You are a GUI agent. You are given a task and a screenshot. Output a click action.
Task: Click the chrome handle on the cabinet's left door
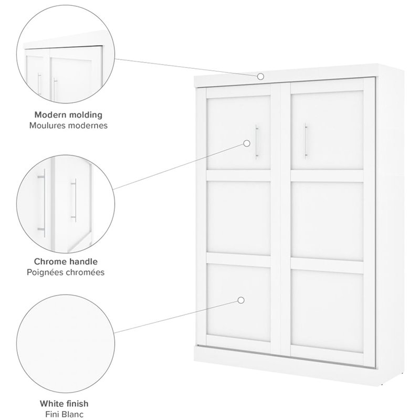pos(257,142)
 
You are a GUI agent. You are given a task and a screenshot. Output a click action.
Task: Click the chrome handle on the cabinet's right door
pos(306,141)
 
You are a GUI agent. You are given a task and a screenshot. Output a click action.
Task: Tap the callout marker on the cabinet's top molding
pos(260,77)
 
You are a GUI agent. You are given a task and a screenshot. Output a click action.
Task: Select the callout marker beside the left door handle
pos(247,143)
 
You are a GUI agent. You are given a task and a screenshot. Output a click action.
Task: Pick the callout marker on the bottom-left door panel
pos(241,300)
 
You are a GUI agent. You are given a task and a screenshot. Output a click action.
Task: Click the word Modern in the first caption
pos(50,114)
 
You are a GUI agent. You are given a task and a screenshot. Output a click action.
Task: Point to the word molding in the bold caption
pos(86,115)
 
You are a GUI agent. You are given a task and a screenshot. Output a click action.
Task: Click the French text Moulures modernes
pos(68,125)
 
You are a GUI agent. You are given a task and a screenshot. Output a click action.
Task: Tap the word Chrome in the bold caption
pos(50,261)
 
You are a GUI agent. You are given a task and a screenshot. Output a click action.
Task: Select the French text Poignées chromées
pos(66,272)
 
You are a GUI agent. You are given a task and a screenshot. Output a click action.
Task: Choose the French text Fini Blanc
pos(64,414)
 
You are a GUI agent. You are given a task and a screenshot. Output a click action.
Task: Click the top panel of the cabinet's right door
pos(327,130)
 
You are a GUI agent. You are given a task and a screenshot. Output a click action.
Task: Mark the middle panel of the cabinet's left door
pos(239,218)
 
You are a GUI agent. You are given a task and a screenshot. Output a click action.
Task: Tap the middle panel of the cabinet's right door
pos(327,221)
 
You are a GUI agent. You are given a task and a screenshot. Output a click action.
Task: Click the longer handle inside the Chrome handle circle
pos(42,203)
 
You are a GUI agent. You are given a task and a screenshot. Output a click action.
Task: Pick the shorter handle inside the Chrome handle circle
pos(73,200)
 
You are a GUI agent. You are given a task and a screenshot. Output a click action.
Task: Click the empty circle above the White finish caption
pos(66,344)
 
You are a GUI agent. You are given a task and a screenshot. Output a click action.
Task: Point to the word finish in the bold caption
pos(78,403)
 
